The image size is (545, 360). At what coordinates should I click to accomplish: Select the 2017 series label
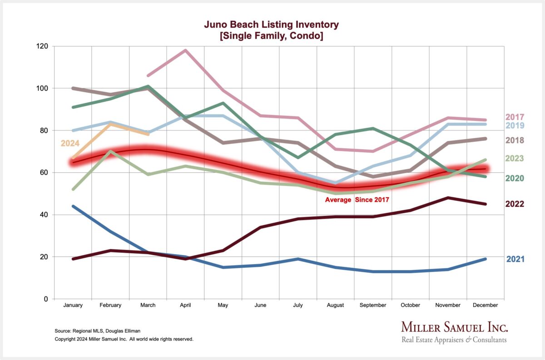[x=515, y=117]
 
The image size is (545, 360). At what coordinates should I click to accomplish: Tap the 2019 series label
[x=515, y=125]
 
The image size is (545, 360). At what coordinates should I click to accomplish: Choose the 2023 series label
[x=515, y=159]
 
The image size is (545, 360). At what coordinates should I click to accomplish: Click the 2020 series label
[x=515, y=178]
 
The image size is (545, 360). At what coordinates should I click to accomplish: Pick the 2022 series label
[x=515, y=204]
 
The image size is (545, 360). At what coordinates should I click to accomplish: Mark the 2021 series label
[x=515, y=259]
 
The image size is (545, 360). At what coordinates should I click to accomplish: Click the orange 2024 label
[x=70, y=144]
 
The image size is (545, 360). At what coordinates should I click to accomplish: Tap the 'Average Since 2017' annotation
[x=357, y=200]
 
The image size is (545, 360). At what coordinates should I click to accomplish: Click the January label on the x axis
[x=73, y=305]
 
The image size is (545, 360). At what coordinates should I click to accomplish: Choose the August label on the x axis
[x=335, y=305]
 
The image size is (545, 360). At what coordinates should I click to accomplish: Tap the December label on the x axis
[x=486, y=305]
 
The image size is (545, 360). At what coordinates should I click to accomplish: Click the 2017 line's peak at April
[x=185, y=50]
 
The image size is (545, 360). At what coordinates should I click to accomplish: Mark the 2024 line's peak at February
[x=111, y=124]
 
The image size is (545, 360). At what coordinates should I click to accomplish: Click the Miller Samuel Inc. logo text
[x=454, y=327]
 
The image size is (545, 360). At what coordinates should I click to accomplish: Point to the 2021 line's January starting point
[x=73, y=206]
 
